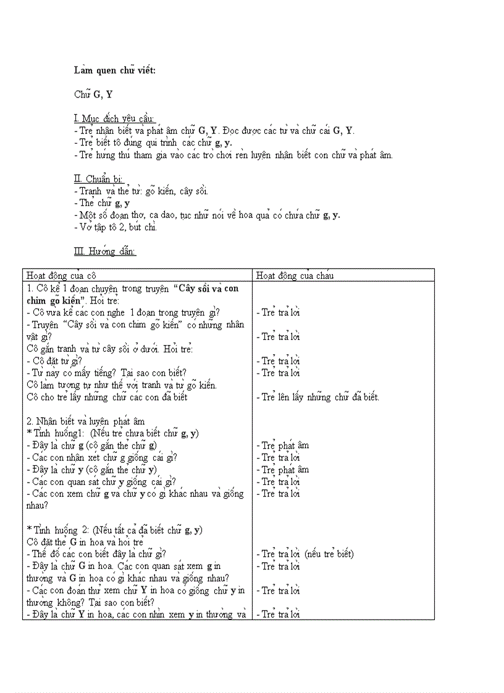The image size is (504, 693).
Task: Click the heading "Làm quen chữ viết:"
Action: pos(115,70)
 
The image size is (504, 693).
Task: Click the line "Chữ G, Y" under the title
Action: pos(93,94)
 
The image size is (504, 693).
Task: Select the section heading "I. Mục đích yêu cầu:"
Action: pos(114,118)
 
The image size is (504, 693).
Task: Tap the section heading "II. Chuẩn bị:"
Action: pos(98,179)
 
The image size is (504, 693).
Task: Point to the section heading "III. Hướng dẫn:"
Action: pos(104,251)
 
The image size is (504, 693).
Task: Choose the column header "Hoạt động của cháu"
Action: pos(295,275)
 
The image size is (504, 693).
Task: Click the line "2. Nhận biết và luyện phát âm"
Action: pos(85,421)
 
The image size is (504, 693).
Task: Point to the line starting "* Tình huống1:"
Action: pos(112,433)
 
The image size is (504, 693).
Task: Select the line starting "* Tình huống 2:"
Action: pos(115,529)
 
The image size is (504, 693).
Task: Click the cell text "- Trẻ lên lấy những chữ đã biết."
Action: pos(317,397)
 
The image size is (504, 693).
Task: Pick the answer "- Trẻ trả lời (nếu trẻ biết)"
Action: pos(305,554)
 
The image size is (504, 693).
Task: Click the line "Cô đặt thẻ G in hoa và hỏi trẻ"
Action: pos(85,542)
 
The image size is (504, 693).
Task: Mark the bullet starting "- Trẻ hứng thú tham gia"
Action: pos(233,155)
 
